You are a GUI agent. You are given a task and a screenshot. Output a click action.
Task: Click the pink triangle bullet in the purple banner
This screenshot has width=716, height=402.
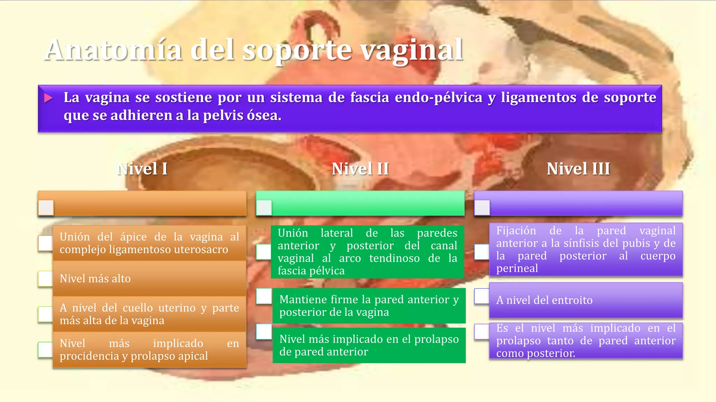coord(49,98)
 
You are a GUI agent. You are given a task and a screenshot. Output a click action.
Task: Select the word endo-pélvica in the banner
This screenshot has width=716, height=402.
coord(438,97)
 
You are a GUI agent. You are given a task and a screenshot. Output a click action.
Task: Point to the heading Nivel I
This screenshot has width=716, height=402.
coord(142,169)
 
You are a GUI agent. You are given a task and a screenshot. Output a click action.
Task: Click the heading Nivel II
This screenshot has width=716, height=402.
coord(360,169)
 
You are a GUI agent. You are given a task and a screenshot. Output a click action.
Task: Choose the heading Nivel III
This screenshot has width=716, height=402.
coord(578,169)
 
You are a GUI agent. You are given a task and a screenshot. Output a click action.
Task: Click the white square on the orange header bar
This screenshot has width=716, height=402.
coord(46,208)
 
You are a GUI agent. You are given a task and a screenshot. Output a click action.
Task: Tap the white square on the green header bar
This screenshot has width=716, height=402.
coord(264,208)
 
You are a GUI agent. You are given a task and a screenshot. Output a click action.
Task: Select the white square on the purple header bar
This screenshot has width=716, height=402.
coord(482,208)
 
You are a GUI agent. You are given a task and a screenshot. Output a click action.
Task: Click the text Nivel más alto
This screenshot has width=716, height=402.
coord(95,278)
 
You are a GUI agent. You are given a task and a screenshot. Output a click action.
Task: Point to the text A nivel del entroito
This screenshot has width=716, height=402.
coord(544,300)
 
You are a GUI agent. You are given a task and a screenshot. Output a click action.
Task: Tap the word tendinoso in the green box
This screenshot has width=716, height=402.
coord(394,258)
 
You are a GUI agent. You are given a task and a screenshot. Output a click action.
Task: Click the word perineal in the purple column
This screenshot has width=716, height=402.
coord(517,268)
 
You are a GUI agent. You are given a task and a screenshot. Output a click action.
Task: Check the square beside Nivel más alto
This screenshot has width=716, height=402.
coord(45,279)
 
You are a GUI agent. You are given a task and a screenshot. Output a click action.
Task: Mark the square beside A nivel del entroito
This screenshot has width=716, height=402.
coord(482,296)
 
